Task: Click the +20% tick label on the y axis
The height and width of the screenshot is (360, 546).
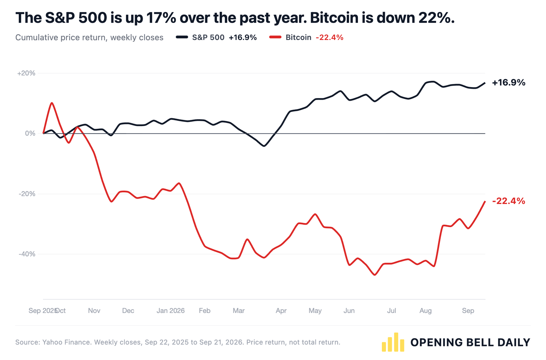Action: (26, 73)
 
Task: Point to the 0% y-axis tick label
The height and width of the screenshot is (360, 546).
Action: (30, 134)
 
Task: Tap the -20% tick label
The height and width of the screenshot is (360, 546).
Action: (27, 194)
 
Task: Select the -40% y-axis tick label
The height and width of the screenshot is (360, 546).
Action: (27, 254)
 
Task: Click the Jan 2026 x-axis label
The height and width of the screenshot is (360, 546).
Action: (171, 311)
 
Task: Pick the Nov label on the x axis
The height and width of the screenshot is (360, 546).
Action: (94, 311)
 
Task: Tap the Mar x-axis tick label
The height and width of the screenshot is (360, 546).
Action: (239, 311)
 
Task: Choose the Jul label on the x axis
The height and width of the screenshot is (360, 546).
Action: (391, 311)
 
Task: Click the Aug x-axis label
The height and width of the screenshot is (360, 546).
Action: (426, 311)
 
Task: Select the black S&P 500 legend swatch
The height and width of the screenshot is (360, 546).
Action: (182, 37)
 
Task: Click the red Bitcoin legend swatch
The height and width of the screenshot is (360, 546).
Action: (275, 37)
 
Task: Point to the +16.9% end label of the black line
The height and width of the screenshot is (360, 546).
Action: (509, 83)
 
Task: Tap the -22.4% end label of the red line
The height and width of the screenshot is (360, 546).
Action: (509, 201)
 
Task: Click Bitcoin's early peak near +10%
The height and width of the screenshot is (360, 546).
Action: (52, 103)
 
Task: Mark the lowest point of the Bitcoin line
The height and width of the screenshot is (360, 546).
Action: (375, 275)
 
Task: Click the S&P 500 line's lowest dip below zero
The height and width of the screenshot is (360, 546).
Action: (264, 146)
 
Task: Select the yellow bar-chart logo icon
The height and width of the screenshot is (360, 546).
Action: (393, 342)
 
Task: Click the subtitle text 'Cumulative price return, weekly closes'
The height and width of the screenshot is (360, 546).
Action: (89, 38)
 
